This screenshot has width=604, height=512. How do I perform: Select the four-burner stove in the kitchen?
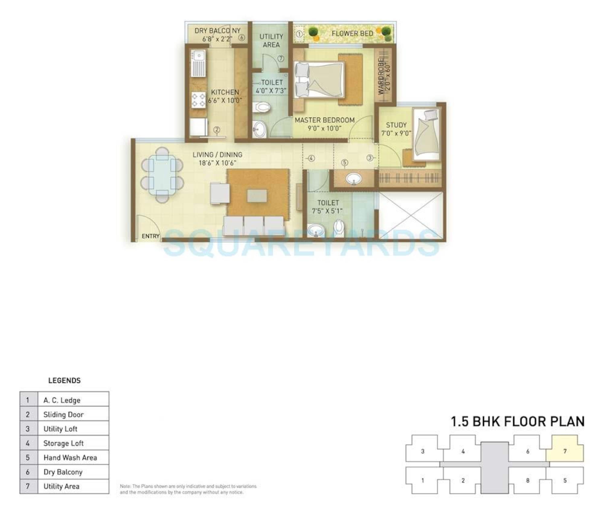point(198,100)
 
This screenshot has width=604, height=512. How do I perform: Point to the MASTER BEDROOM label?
point(325,120)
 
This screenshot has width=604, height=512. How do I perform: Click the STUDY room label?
point(396,125)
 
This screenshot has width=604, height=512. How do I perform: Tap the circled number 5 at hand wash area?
point(344,163)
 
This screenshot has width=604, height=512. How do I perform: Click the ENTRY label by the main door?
point(150,236)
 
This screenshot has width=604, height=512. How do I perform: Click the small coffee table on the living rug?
point(257,196)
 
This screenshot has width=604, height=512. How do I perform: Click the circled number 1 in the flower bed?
point(299,34)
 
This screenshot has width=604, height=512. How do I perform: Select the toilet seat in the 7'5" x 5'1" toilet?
point(339,227)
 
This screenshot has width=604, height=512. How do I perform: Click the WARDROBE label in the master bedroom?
point(381,76)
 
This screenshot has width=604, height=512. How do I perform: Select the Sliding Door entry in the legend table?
point(63,414)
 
